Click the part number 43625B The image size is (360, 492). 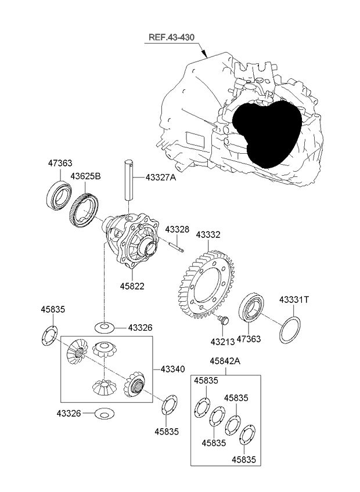[85, 176]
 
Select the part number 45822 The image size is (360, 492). [132, 286]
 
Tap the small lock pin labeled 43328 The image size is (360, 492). [177, 248]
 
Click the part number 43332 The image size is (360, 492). [208, 235]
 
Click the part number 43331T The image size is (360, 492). [294, 299]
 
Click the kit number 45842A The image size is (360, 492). [225, 361]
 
